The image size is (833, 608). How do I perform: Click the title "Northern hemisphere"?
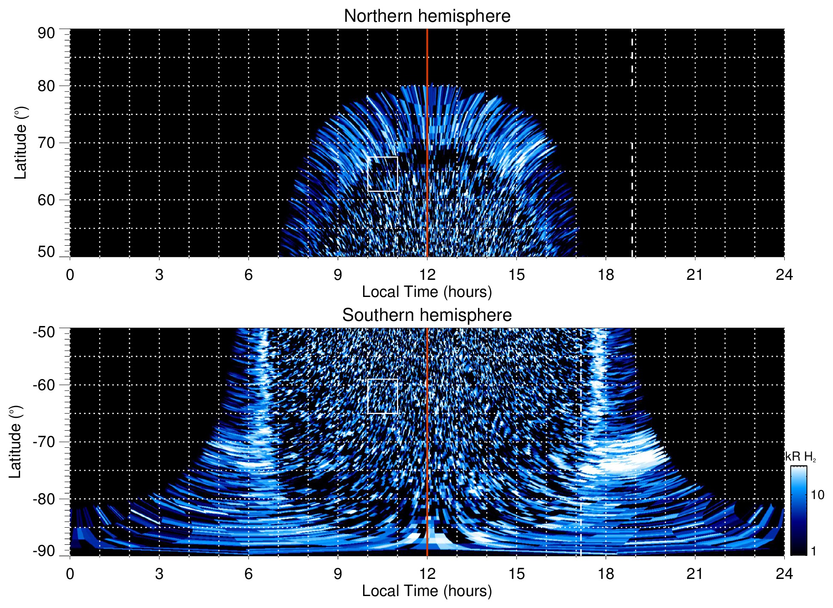[427, 16]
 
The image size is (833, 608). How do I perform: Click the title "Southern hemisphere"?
[427, 315]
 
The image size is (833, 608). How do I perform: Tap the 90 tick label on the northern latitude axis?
[46, 33]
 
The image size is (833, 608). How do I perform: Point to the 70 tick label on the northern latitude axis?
[46, 143]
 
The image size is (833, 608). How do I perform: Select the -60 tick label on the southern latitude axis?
[44, 385]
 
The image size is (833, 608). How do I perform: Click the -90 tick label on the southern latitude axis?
[44, 551]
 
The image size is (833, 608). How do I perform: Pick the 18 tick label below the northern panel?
[606, 275]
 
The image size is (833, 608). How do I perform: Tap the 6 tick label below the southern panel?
[249, 574]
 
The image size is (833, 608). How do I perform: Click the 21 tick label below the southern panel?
[695, 574]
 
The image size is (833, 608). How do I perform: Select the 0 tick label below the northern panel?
[70, 275]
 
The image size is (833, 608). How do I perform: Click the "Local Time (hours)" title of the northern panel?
[427, 292]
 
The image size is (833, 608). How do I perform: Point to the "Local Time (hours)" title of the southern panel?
[427, 591]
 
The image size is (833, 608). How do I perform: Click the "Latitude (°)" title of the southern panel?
[15, 442]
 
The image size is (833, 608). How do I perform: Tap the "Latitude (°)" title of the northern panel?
[21, 143]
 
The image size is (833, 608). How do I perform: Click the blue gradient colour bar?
[798, 511]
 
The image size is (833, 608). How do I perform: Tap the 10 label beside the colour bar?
[817, 495]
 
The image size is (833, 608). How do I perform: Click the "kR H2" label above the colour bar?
[801, 457]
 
